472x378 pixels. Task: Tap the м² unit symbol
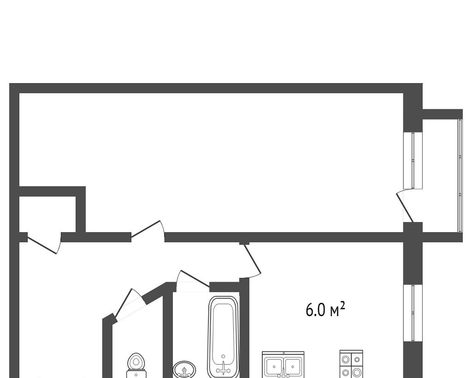pos(337,310)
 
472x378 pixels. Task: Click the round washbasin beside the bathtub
pos(184,370)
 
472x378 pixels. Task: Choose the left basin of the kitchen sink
pos(274,366)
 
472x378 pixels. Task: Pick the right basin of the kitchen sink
pos(292,366)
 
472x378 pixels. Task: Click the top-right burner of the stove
pos(357,360)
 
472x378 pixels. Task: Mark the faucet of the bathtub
pos(224,368)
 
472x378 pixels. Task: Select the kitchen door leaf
pos(252,259)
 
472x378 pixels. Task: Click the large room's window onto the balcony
pos(413,160)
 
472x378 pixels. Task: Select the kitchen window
pos(413,313)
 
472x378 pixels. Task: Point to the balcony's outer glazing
pos(460,175)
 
